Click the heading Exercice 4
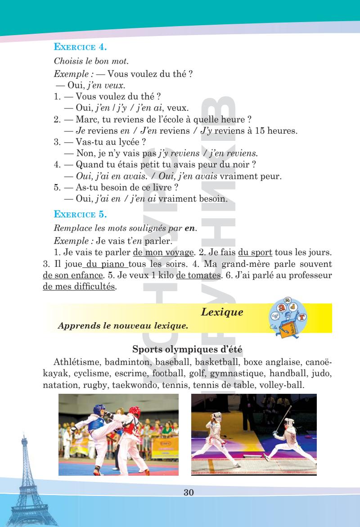coord(81,46)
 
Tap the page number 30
coord(189,492)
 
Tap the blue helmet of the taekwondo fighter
coord(99,410)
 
